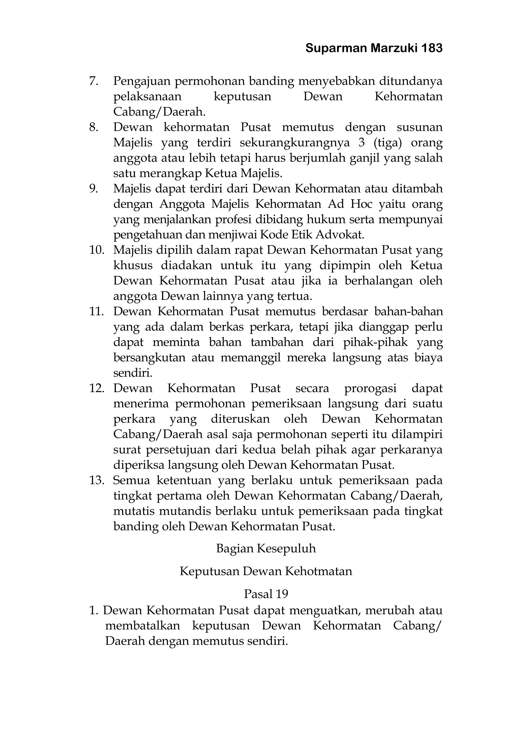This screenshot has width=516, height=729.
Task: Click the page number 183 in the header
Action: click(432, 48)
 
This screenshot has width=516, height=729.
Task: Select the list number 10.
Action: click(96, 250)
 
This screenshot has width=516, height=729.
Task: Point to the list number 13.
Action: click(96, 480)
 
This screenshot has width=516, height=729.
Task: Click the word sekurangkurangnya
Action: click(295, 143)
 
